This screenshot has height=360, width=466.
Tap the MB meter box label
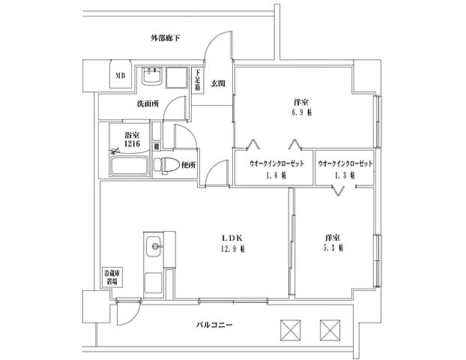tap(119, 75)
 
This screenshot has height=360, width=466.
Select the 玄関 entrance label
tap(217, 82)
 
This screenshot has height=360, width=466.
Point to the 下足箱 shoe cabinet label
tap(197, 80)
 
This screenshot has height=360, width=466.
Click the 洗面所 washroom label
tap(148, 103)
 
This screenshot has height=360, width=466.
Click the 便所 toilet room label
tap(188, 165)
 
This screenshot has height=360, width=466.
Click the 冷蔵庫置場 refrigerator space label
tap(110, 279)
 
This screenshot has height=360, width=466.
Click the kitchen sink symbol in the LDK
tap(154, 243)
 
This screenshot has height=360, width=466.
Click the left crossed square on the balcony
tap(290, 329)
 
